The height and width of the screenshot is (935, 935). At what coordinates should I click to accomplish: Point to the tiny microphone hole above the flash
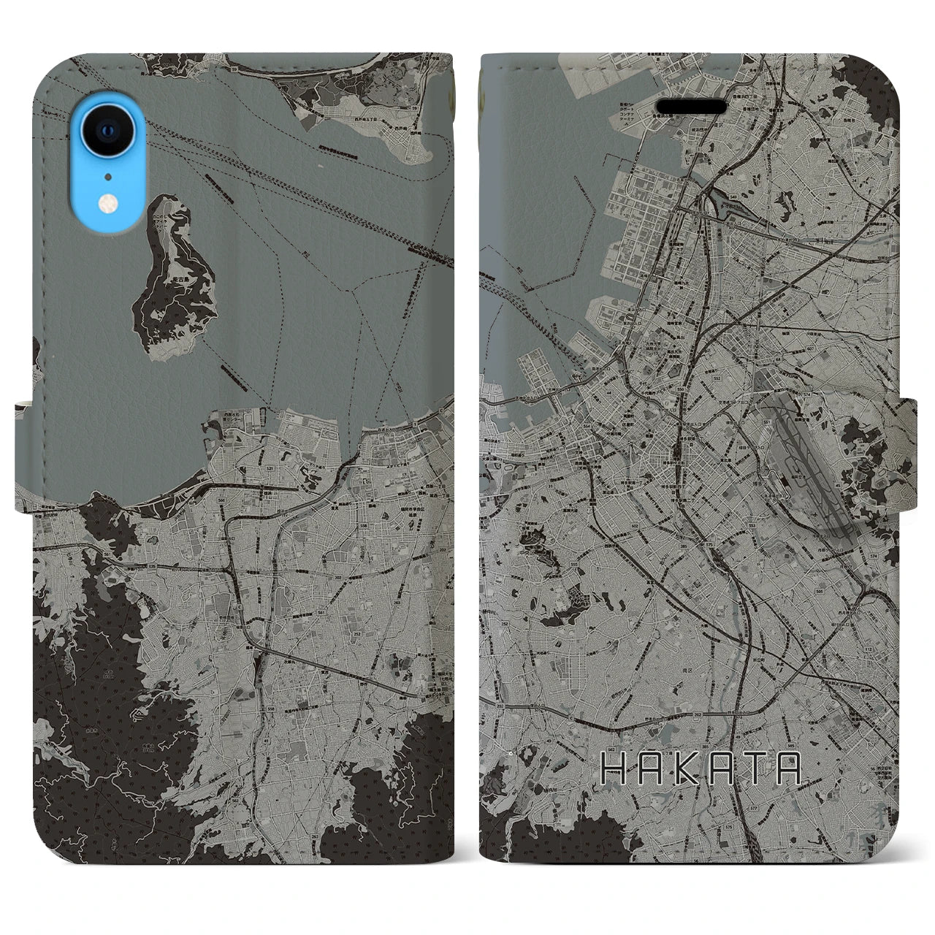pos(109,176)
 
